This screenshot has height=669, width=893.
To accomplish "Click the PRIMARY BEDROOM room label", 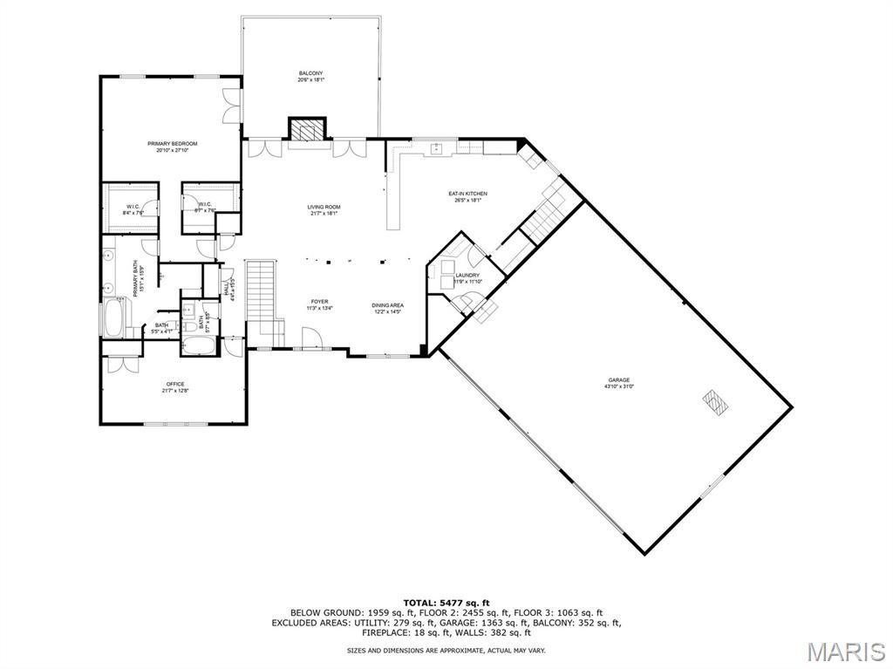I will [172, 144].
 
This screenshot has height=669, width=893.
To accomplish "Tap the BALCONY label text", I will [310, 73].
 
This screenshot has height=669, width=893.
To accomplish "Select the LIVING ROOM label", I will [324, 208].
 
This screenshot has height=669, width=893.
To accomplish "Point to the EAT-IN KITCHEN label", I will [467, 194].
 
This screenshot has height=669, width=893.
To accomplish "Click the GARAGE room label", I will [619, 380].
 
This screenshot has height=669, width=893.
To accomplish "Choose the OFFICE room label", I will [175, 385].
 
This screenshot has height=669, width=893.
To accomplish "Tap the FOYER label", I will [318, 302].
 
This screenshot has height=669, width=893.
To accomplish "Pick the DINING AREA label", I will [387, 305].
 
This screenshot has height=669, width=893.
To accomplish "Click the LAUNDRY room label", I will [467, 276].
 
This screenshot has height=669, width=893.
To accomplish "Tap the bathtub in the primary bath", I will [114, 318].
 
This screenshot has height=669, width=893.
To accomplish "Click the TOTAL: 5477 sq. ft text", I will [446, 603].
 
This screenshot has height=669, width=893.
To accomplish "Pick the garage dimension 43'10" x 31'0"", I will [619, 386].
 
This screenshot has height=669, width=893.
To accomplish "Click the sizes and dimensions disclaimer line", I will [446, 650].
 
